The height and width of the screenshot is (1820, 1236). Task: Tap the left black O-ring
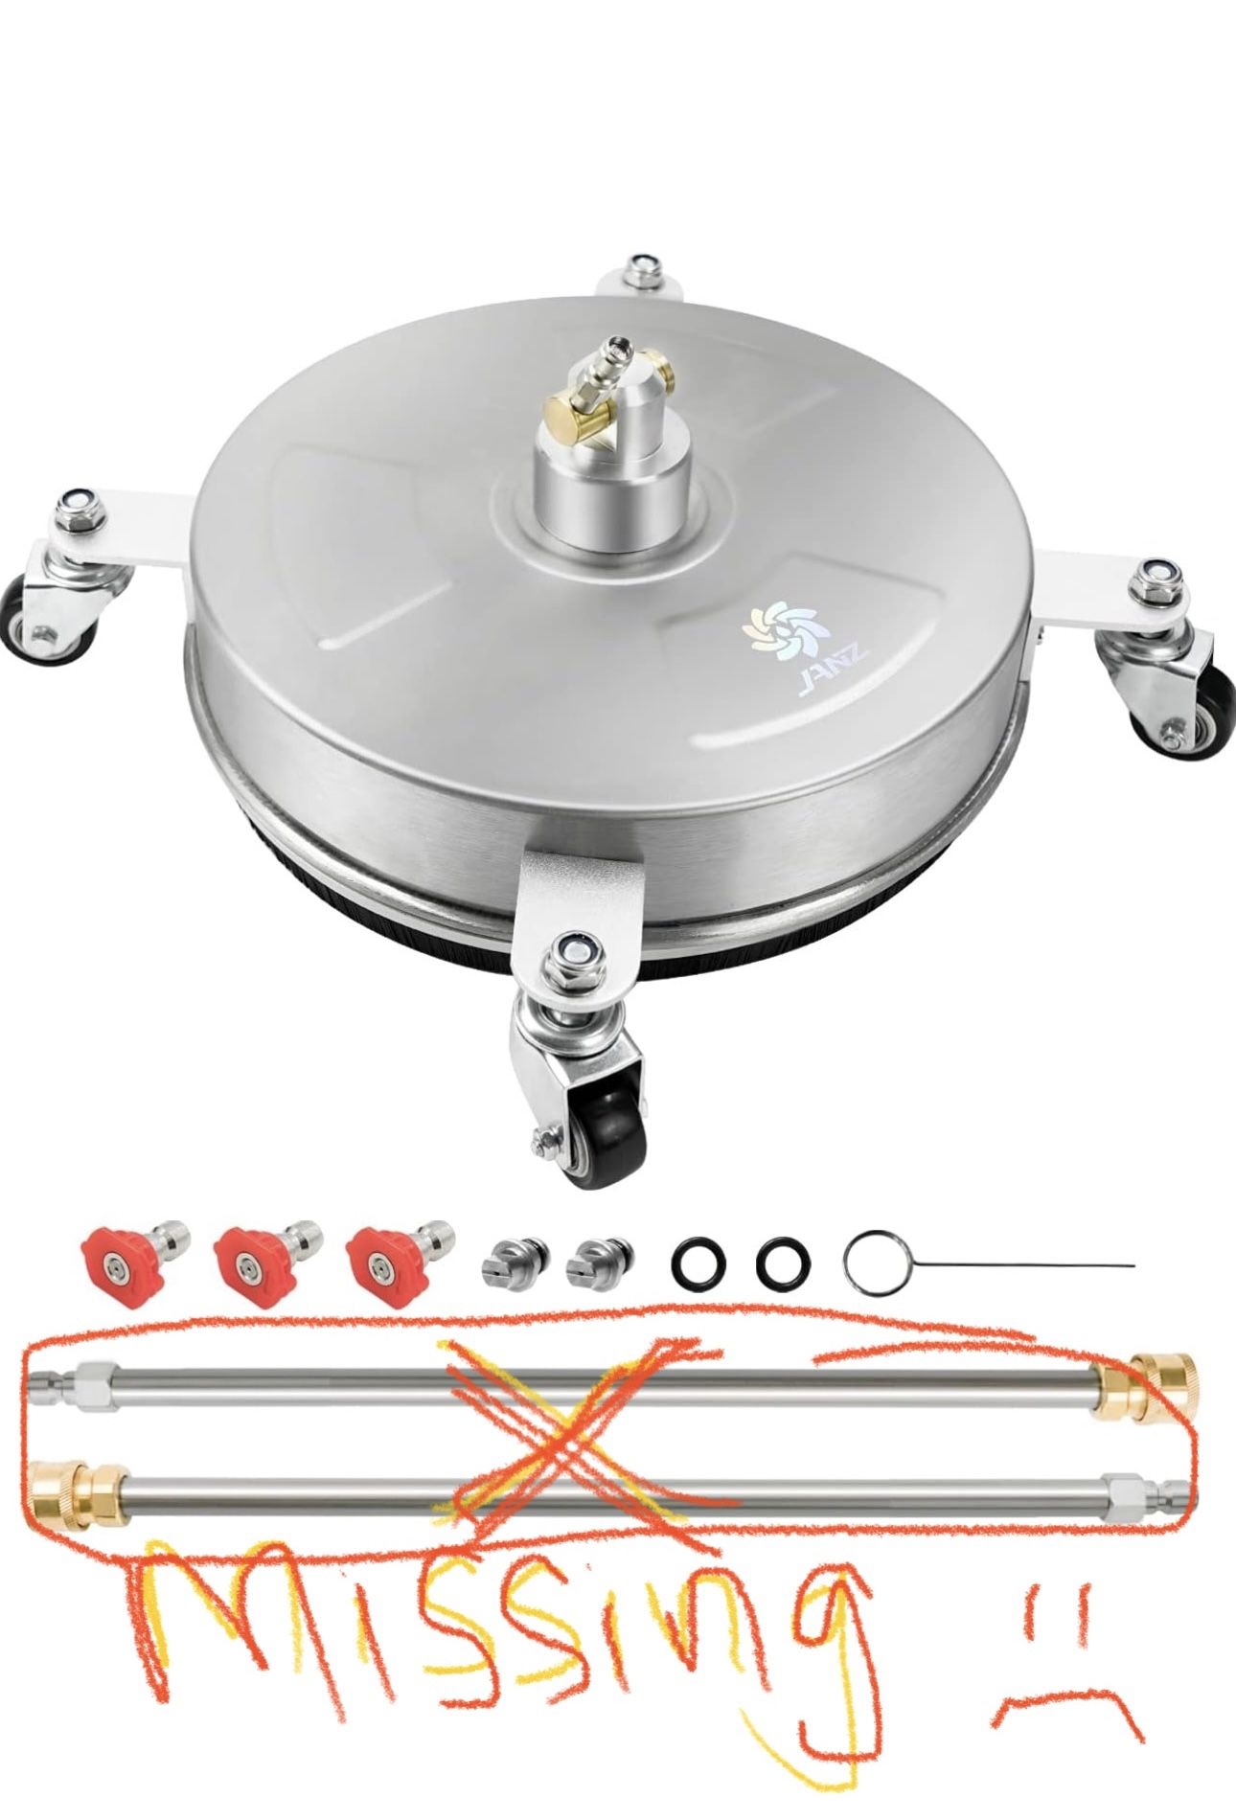point(697,1264)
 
